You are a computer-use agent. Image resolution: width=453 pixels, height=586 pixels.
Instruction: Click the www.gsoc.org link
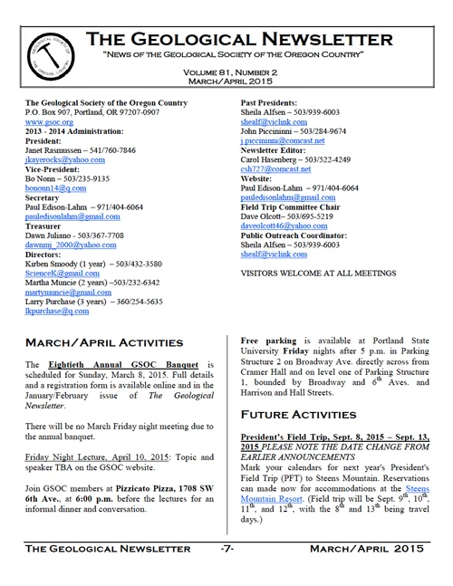click(x=48, y=120)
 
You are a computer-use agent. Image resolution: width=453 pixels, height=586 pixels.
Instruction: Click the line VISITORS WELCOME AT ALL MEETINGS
click(x=319, y=273)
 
